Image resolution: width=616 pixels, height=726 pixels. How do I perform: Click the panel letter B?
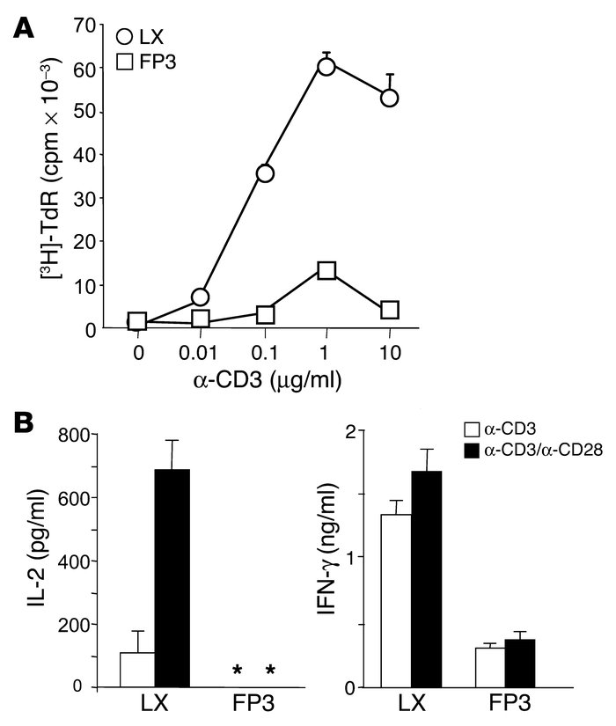point(24,421)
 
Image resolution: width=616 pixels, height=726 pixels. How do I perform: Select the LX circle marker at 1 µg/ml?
point(326,67)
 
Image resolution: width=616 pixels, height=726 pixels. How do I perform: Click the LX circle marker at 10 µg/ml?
point(389,98)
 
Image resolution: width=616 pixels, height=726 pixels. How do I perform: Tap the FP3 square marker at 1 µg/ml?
point(326,270)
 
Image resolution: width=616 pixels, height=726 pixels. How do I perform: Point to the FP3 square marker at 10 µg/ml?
point(389,310)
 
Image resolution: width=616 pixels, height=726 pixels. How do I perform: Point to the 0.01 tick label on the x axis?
point(200,353)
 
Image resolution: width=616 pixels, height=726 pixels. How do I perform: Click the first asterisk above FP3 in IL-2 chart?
point(237,671)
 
